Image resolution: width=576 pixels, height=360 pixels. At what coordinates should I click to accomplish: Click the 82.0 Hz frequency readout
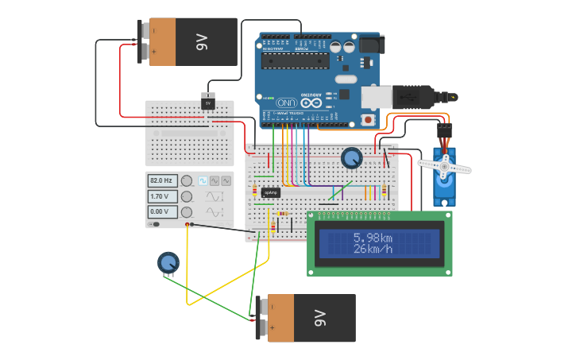162,180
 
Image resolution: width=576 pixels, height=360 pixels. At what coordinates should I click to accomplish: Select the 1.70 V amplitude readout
162,196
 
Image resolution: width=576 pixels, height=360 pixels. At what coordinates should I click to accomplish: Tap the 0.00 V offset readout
162,211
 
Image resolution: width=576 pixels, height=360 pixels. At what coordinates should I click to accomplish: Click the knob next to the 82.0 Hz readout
187,180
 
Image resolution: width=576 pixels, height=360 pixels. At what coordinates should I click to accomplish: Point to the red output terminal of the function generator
187,225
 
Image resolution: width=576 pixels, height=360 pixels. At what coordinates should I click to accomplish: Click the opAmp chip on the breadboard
271,192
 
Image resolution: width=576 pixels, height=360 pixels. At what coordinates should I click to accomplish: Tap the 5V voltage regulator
209,103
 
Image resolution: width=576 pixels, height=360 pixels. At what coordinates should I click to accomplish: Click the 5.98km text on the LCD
373,238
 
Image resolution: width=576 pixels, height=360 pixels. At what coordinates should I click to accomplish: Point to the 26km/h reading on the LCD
373,250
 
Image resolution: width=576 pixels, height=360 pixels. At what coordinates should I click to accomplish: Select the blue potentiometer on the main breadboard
351,158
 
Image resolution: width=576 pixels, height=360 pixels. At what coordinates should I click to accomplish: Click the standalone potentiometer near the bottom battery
168,261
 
